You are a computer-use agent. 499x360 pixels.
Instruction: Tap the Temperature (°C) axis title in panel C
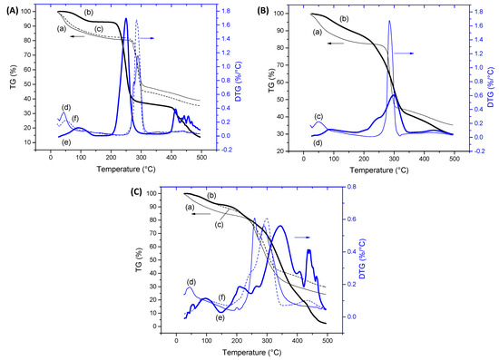251,352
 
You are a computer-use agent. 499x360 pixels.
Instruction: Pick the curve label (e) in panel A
65,142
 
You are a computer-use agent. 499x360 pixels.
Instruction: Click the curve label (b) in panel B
344,19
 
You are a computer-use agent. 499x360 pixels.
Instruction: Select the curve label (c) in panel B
318,116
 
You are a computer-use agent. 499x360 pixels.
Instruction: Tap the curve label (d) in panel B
318,142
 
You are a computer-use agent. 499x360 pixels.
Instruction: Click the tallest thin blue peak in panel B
389,22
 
